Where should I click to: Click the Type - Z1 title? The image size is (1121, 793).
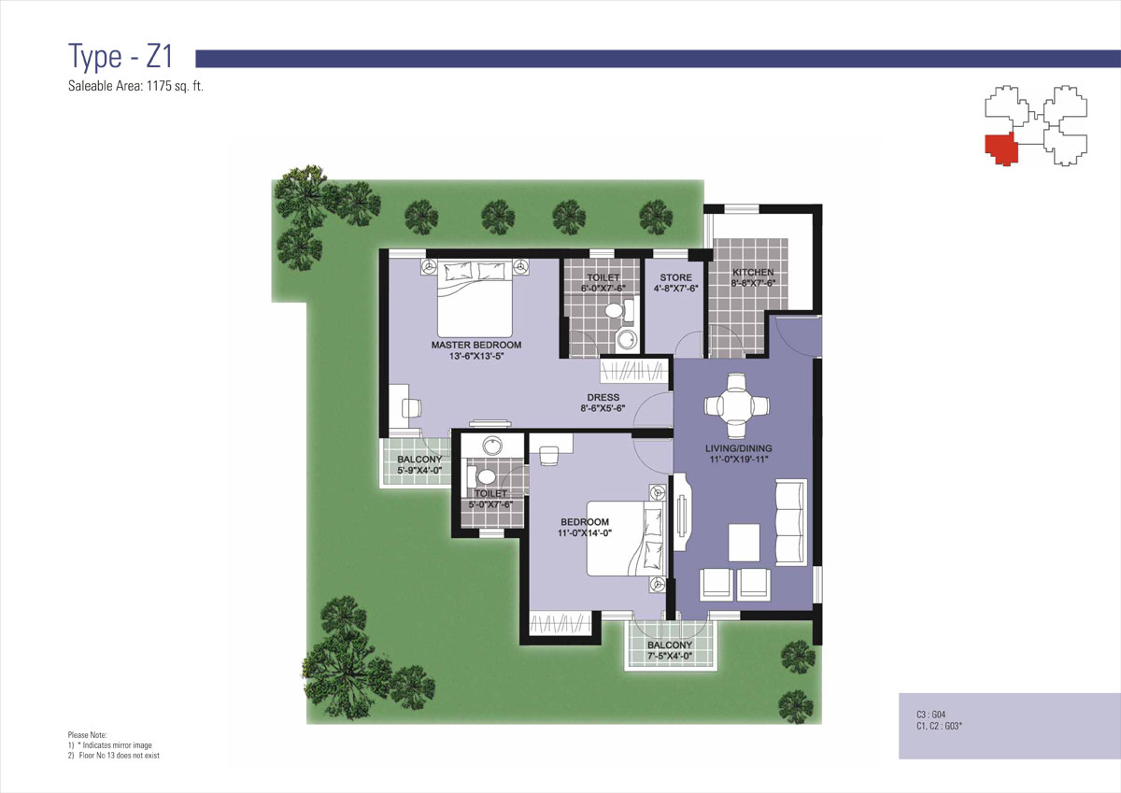coord(121,56)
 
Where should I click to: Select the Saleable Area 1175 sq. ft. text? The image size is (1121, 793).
coord(135,86)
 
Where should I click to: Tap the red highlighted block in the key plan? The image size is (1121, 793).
coord(1000,149)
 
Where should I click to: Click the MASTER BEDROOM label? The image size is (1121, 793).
coord(475,345)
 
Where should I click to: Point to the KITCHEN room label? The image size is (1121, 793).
coord(753,272)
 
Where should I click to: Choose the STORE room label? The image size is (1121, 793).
coord(675,277)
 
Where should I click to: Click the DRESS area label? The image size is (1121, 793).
coord(603,397)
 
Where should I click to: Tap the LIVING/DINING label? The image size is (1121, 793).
coord(739,448)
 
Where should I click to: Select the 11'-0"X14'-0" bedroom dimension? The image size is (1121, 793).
coord(585,533)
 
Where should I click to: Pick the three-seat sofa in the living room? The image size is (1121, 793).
coord(791,523)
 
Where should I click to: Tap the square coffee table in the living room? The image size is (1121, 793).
coord(744,543)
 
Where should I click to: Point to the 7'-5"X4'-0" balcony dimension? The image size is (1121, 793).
coord(669,656)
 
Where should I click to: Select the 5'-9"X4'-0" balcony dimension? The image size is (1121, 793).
coord(419,471)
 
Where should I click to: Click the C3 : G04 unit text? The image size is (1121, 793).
coord(930,715)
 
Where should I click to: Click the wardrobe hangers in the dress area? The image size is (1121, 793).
coord(634,371)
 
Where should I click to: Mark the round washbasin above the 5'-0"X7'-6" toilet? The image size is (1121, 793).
coord(492,446)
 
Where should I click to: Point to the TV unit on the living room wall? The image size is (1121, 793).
coord(682,512)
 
